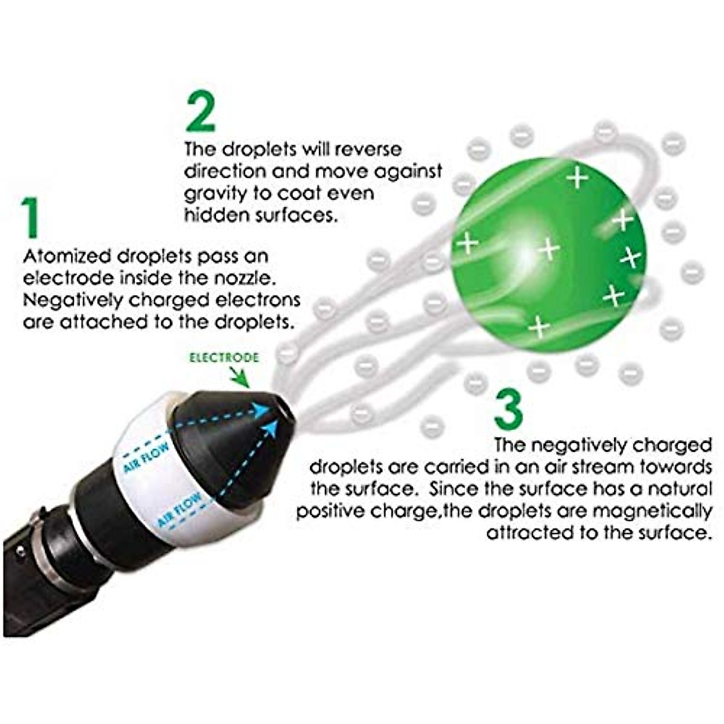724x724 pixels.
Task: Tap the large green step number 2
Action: click(200, 112)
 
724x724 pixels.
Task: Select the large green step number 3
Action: click(508, 409)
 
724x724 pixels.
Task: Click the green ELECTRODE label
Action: click(224, 358)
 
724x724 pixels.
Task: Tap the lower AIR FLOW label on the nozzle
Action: click(180, 510)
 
